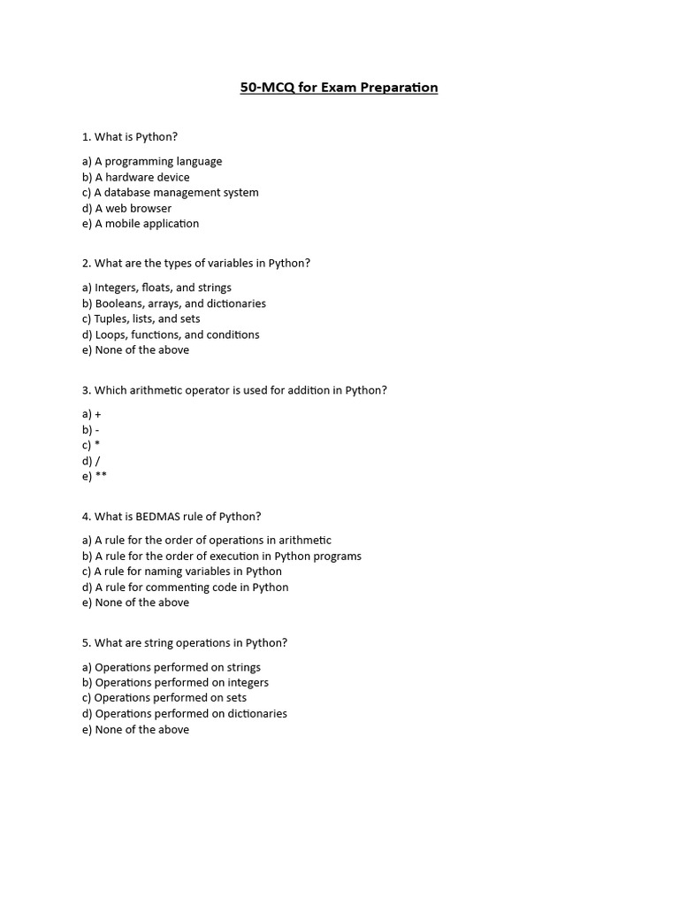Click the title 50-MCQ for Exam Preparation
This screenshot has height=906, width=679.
[x=339, y=88]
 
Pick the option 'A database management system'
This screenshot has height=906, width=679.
[x=170, y=193]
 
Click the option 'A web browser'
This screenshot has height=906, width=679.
[x=126, y=209]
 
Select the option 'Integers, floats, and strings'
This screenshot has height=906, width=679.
[x=156, y=288]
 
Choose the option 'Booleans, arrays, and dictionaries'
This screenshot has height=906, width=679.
[x=173, y=303]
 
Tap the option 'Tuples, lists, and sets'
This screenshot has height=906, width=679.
[x=141, y=319]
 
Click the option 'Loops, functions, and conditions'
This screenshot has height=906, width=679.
[x=171, y=334]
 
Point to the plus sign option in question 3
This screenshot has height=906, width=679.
[x=97, y=414]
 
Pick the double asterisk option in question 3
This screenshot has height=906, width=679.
[x=101, y=476]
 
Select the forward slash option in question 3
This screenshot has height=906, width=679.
[x=97, y=461]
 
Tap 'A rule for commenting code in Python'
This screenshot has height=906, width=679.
[x=185, y=587]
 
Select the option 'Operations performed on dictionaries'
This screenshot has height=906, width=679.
[x=184, y=714]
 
